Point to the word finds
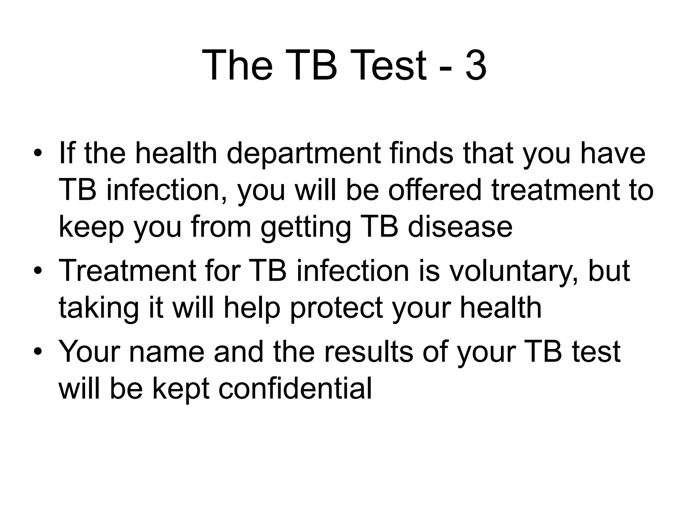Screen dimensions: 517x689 pos(422,153)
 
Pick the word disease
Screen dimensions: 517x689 pos(460,227)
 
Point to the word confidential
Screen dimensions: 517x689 pos(295,389)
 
